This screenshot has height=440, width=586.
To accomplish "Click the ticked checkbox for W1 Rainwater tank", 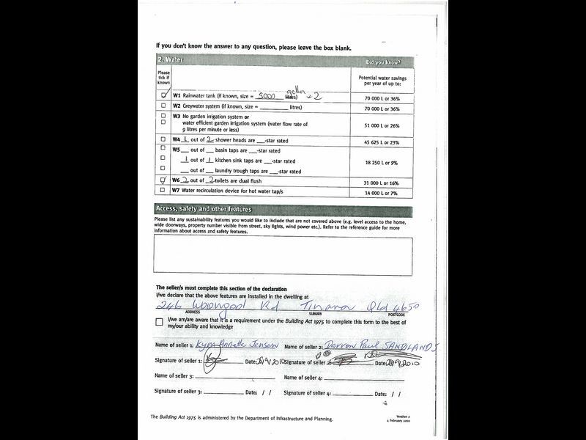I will point(164,95).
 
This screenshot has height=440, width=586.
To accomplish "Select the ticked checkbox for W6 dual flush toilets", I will point(163,180).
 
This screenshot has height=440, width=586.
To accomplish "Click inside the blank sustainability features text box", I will point(283,255).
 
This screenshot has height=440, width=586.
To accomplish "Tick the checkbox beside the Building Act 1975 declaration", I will point(160,322).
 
